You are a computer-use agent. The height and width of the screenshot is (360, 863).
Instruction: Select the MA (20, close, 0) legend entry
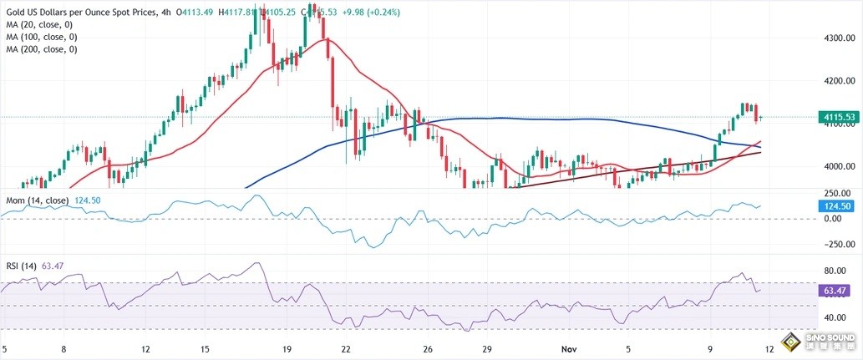tap(41, 23)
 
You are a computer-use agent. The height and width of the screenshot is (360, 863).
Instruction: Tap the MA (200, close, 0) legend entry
tap(43, 49)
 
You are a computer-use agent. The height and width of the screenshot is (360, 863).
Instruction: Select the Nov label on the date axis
tap(567, 348)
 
